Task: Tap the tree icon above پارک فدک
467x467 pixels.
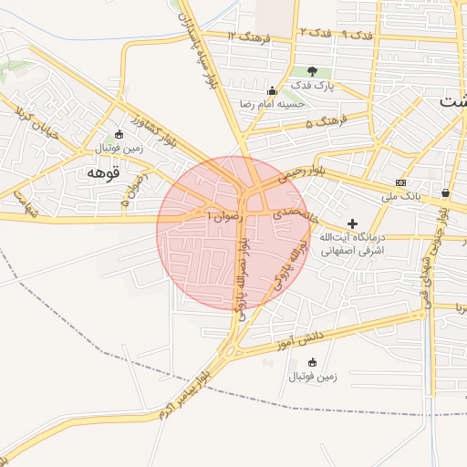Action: coord(312,71)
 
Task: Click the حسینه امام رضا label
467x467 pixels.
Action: coord(273,104)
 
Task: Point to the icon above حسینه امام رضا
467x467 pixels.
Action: coord(271,90)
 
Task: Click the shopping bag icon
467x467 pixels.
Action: coord(445,192)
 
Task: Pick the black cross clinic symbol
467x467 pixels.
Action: coord(353,223)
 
